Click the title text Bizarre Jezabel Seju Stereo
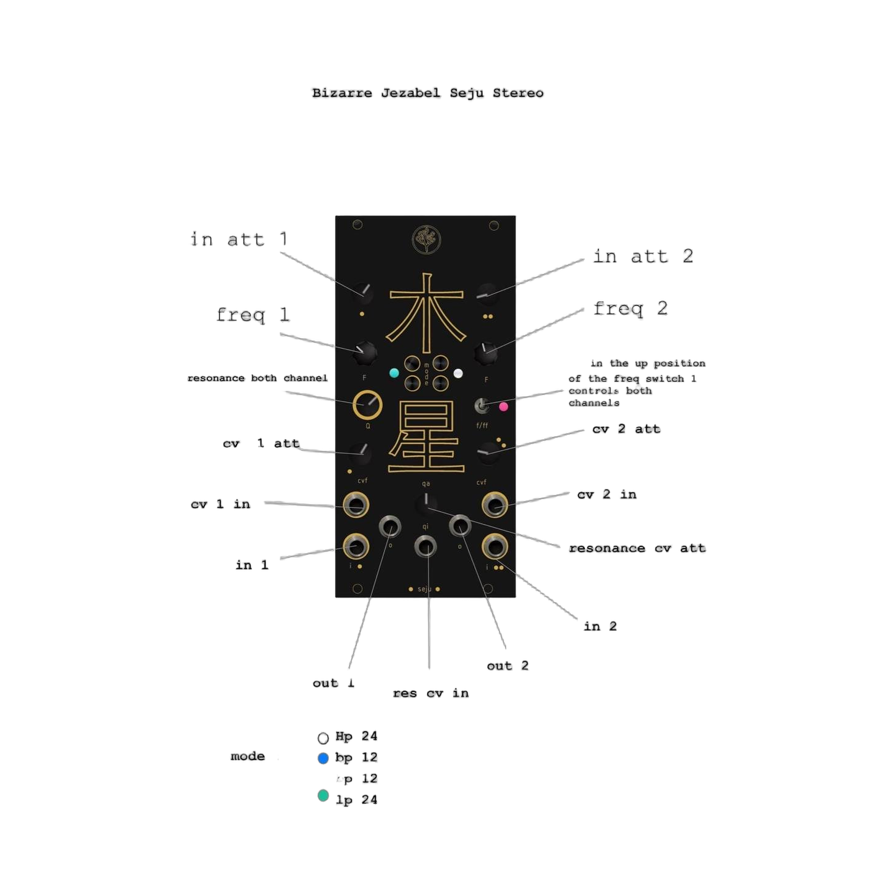click(x=427, y=93)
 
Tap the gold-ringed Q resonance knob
click(x=367, y=405)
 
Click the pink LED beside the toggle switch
click(x=504, y=406)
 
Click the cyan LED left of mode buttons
click(x=394, y=373)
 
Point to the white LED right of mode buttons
click(x=459, y=373)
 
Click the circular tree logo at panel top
click(x=426, y=240)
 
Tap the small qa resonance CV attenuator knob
click(x=426, y=504)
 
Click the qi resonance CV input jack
click(x=425, y=546)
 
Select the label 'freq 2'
click(x=630, y=309)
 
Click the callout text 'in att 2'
click(x=643, y=256)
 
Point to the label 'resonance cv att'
click(x=637, y=548)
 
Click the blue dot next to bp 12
click(x=323, y=758)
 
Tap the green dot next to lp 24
click(x=323, y=796)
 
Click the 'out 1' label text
click(x=333, y=683)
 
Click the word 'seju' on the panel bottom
click(x=425, y=589)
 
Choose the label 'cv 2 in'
click(x=606, y=495)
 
